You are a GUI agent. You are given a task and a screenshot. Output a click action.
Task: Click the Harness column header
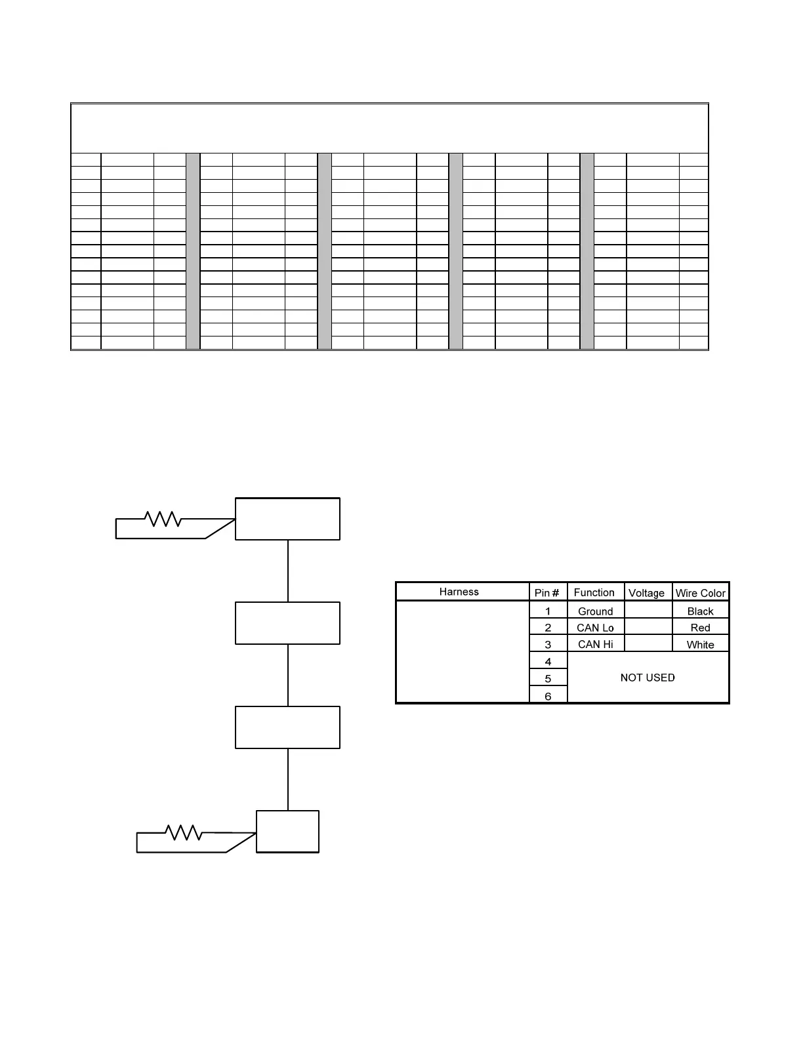[459, 592]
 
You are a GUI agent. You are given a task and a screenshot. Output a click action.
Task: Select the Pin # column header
[547, 592]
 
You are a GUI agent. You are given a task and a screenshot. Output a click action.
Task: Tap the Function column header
[594, 592]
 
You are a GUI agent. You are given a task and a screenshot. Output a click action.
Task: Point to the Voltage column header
[646, 593]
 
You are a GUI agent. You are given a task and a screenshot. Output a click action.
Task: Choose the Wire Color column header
[700, 593]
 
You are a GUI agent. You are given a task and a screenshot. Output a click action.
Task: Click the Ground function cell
[595, 611]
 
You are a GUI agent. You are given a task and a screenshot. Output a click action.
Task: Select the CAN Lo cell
[595, 628]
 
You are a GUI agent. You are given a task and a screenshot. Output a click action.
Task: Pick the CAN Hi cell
[595, 644]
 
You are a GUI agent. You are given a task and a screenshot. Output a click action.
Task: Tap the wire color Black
[700, 611]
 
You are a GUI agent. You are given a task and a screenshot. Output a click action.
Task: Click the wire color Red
[700, 628]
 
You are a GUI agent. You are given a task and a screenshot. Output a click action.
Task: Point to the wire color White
[700, 645]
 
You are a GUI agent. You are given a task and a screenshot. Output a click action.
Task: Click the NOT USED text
[648, 678]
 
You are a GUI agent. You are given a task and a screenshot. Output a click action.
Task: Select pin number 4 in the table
[548, 662]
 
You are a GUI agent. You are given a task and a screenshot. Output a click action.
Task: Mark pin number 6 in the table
[548, 696]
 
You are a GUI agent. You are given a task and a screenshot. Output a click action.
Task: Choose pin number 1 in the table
[548, 611]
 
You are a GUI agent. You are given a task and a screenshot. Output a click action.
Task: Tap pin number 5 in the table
[548, 679]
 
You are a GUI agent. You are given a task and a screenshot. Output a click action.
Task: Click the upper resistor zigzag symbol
[163, 519]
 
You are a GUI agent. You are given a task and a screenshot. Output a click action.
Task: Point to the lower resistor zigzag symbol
[184, 832]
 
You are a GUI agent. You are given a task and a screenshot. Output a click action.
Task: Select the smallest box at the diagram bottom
[287, 831]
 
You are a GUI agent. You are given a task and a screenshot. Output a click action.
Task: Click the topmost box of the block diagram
[287, 519]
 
